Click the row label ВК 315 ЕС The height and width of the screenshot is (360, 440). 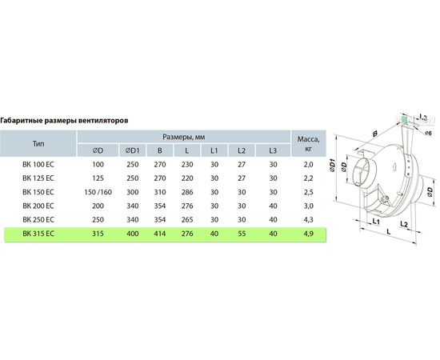tap(38, 234)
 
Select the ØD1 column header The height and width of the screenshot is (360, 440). tap(133, 150)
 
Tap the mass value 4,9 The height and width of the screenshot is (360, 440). tap(308, 234)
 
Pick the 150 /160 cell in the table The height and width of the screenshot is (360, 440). tap(98, 192)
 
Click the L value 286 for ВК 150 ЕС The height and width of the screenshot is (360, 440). tap(187, 192)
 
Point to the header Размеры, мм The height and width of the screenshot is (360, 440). tap(184, 137)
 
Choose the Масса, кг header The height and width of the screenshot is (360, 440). tap(308, 144)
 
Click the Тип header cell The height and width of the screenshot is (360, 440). tap(38, 144)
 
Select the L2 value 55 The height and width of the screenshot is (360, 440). tap(242, 234)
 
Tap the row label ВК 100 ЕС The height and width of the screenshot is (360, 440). tap(38, 165)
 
